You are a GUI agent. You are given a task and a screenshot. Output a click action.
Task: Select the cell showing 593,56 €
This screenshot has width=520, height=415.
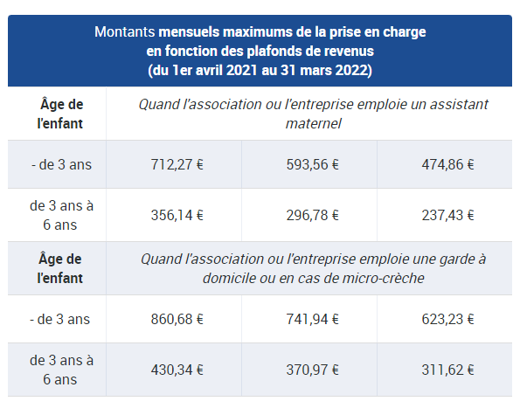[x=312, y=163]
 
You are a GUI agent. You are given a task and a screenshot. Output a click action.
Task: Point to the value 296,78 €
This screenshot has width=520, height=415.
[x=312, y=215]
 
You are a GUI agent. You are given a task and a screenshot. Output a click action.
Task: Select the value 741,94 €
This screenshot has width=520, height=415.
[x=312, y=319]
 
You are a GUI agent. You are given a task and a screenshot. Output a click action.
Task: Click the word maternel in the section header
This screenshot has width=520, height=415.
[x=312, y=123]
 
